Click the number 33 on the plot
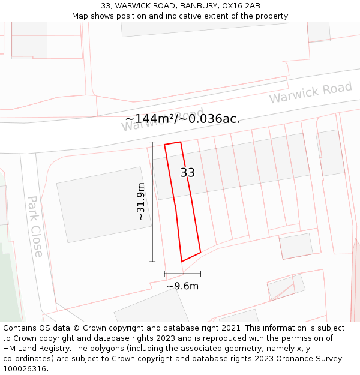coord(188,173)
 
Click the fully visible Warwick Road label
coord(310,92)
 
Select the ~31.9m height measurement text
coord(141,202)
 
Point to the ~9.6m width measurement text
coord(182,286)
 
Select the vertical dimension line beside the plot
coord(152,202)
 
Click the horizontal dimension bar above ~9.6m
coord(182,274)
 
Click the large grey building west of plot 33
coord(103,204)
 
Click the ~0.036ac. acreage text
coord(214,119)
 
